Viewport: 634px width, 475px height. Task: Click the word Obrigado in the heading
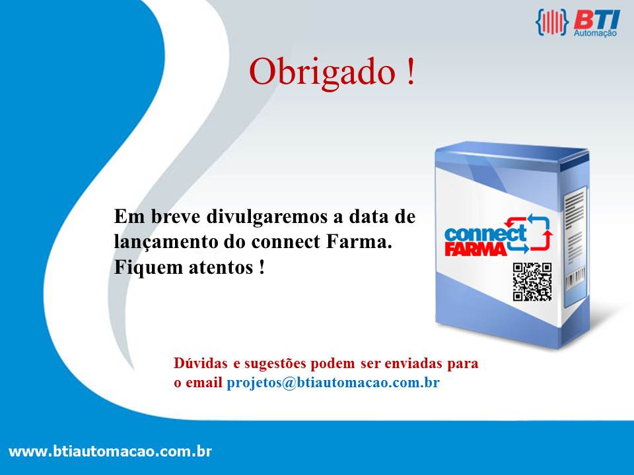[322, 72]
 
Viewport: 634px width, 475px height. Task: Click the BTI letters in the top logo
[597, 20]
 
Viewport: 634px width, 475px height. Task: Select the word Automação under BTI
[595, 33]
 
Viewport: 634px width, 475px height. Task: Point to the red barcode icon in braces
[551, 22]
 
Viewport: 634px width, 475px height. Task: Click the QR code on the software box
[532, 282]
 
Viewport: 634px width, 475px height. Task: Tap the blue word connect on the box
[485, 234]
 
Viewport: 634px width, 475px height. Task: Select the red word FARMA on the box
[476, 249]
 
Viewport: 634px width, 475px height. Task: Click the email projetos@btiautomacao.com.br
[333, 383]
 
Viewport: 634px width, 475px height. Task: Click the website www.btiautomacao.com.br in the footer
[110, 451]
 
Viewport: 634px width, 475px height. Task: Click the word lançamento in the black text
[166, 242]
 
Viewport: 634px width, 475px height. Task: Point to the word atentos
[221, 268]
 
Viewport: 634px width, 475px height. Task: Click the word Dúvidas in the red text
[201, 363]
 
